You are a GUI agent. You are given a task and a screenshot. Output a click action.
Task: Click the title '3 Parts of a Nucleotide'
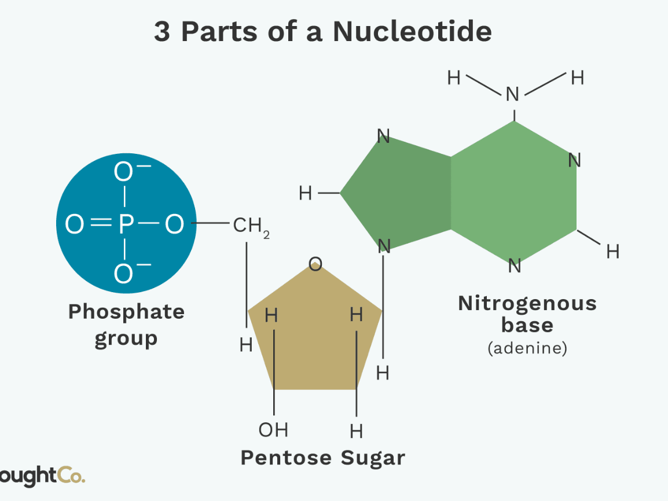322,32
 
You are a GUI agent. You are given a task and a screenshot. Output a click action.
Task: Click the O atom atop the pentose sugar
315,265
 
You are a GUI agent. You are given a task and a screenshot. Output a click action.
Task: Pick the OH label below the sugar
273,430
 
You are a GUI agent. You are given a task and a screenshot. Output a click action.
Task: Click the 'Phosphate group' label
126,325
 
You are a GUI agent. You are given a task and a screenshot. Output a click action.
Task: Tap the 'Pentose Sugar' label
322,458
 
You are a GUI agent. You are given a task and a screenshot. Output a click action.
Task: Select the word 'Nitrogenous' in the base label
527,304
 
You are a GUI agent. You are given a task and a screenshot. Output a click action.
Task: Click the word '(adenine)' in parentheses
527,349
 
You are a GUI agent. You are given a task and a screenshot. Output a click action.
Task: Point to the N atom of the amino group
512,94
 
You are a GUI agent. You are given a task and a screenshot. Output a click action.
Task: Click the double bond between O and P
100,224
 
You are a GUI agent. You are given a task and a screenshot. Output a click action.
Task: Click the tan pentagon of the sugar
315,336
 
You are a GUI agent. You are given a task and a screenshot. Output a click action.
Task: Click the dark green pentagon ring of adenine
399,194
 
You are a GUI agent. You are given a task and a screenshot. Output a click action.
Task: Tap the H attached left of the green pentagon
306,193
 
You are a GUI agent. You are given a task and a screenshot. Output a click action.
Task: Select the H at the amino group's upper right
577,78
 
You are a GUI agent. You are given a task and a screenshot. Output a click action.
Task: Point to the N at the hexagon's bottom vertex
515,266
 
